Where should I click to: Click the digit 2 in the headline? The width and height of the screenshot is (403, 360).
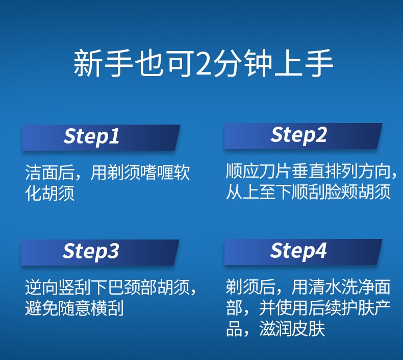click(205, 63)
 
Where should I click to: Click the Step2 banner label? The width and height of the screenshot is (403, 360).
click(298, 135)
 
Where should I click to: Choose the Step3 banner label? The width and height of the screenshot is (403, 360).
click(91, 251)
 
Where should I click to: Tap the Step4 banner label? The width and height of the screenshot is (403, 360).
click(298, 251)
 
